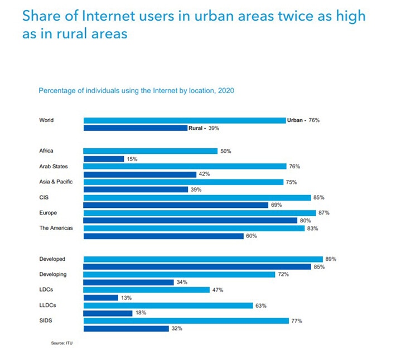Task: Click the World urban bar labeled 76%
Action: coord(184,120)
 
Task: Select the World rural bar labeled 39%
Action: coord(135,128)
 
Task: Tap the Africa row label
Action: coord(46,151)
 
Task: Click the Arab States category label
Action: coord(53,167)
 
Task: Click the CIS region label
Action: coord(43,197)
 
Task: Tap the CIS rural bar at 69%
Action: coord(176,205)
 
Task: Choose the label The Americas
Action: coord(56,228)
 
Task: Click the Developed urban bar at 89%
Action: coord(203,259)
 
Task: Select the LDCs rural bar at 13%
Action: coord(100,298)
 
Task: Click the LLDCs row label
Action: coord(47,305)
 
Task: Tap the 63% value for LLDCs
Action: coord(261,305)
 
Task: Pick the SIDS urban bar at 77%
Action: coord(186,321)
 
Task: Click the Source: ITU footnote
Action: coord(62,343)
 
